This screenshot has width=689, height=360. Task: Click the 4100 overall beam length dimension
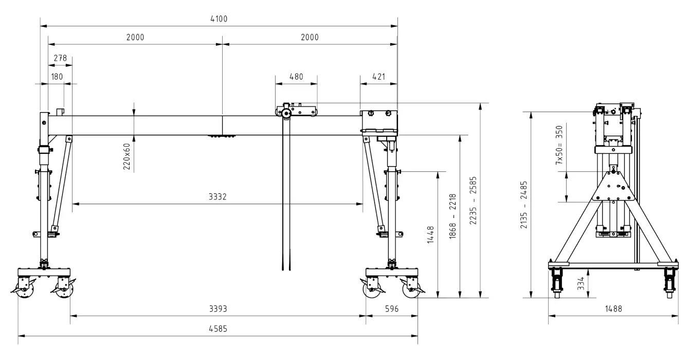[219, 19]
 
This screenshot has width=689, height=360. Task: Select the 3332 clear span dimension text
[217, 196]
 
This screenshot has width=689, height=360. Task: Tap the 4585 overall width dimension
[218, 329]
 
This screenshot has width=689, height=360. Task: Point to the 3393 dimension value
[218, 309]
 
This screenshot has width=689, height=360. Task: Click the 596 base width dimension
[392, 309]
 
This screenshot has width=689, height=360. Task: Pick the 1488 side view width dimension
[613, 309]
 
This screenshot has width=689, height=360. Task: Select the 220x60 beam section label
[126, 157]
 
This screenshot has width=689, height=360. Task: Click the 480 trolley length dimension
[296, 77]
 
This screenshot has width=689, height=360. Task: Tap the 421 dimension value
[378, 77]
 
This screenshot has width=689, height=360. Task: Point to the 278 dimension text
[60, 58]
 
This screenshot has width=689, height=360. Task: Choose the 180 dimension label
[57, 77]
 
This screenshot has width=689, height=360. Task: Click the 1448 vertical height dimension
[431, 235]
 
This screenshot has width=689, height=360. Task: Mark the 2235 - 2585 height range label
[473, 200]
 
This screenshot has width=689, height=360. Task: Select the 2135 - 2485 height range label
[524, 205]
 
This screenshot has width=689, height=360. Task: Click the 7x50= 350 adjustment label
[559, 145]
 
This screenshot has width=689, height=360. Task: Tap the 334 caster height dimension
[581, 283]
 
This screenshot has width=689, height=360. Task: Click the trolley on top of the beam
[296, 111]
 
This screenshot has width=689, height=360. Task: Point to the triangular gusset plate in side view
[613, 186]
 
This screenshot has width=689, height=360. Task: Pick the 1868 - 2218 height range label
[452, 217]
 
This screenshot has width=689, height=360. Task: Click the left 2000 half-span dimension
[135, 37]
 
